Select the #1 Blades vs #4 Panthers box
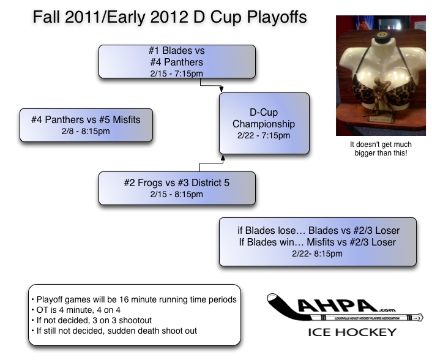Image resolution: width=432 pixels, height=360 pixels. click(x=176, y=61)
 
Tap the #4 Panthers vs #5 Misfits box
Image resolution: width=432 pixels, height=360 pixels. click(x=86, y=125)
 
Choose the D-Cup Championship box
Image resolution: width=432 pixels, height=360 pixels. click(x=264, y=123)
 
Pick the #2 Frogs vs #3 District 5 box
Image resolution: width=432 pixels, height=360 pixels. click(x=176, y=188)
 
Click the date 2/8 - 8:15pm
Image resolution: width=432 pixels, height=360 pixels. click(x=86, y=131)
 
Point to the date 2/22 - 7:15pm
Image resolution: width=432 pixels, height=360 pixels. click(x=264, y=136)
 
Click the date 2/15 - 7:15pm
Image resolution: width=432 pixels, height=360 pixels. click(x=176, y=73)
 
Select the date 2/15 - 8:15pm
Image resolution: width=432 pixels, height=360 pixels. click(x=176, y=195)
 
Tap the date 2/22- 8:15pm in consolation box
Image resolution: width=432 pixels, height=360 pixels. click(x=318, y=254)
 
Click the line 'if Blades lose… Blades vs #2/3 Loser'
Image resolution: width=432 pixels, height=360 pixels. click(x=318, y=230)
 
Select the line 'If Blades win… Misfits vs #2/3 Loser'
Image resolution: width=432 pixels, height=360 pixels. click(x=318, y=242)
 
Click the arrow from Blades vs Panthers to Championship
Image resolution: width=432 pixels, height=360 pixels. click(x=222, y=89)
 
